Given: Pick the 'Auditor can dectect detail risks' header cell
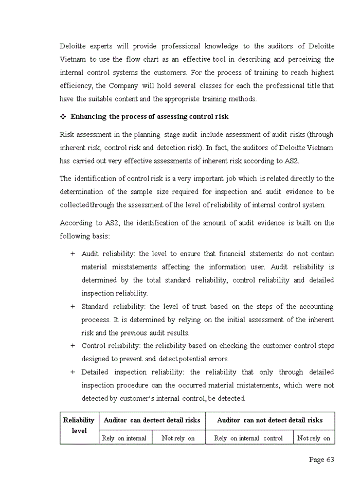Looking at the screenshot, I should (x=152, y=420).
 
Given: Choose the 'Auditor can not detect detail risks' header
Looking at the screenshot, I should (x=269, y=420).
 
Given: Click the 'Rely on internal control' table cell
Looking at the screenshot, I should (x=248, y=438).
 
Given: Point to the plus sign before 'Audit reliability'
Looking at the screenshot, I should (x=73, y=254).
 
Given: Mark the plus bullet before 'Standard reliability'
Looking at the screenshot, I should (x=73, y=307).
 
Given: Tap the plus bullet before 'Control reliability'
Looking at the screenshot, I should (x=73, y=346).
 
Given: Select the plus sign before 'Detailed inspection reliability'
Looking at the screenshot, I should (x=73, y=372).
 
